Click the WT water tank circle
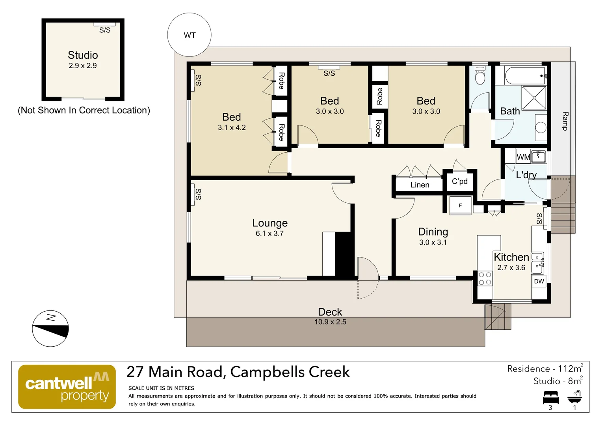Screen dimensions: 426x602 click(189, 35)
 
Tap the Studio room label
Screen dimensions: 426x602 click(83, 55)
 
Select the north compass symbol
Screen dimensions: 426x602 click(50, 328)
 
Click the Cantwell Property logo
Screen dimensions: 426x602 click(67, 387)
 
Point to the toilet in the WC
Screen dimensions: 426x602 click(480, 76)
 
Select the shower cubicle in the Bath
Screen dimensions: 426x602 click(534, 97)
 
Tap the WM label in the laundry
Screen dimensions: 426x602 click(523, 157)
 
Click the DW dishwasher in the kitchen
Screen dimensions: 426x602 click(539, 281)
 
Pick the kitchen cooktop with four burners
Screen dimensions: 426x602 click(485, 278)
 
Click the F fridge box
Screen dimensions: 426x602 click(460, 206)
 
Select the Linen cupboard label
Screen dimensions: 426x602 click(420, 185)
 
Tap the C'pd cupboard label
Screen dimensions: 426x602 click(459, 181)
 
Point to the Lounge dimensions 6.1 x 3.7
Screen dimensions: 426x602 click(269, 234)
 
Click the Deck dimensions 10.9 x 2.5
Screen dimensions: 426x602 click(330, 322)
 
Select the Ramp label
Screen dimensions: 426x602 click(565, 121)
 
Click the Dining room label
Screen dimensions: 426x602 click(433, 232)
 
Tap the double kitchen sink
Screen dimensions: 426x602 click(537, 263)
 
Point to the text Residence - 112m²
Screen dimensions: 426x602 click(545, 369)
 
